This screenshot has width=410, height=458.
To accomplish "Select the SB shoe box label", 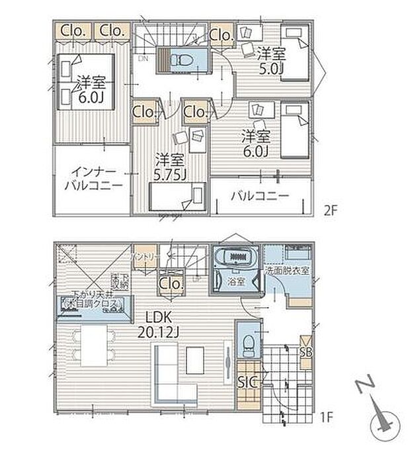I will click(306, 351).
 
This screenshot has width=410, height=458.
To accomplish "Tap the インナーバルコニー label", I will click(93, 179).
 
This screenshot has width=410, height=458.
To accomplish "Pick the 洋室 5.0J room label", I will click(270, 60).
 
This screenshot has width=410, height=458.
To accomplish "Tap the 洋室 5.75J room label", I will click(170, 167).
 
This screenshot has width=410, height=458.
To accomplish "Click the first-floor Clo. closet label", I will click(170, 285).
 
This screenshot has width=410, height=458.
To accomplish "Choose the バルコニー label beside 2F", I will click(260, 197).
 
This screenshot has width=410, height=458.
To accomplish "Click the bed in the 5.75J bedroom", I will click(175, 197).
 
